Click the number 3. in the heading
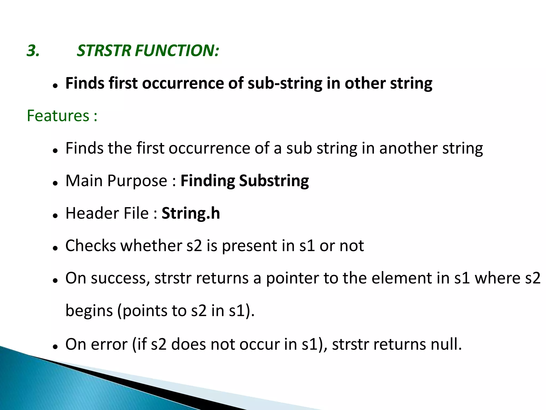[x=33, y=51]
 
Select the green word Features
[x=58, y=116]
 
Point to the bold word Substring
[x=274, y=181]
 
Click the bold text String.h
[x=191, y=213]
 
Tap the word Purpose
[x=137, y=181]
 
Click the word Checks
[x=91, y=246]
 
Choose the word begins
[x=89, y=311]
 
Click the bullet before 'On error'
[x=55, y=346]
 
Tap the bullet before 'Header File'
[x=55, y=216]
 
